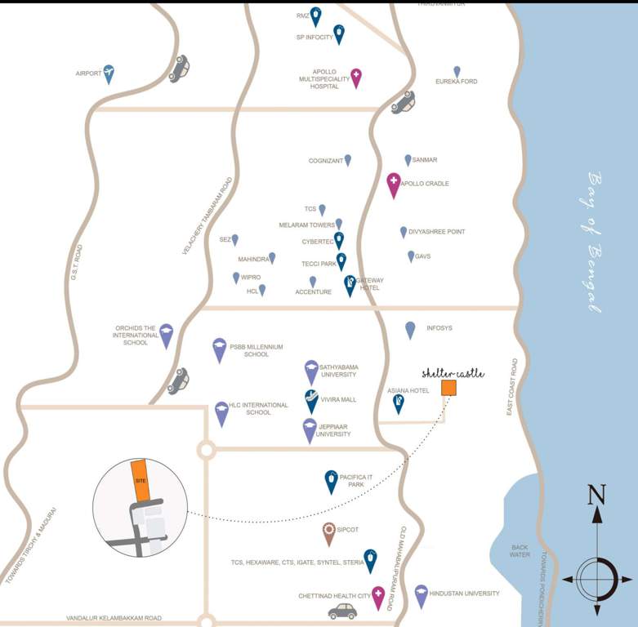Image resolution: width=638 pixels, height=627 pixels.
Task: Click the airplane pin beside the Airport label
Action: click(x=109, y=73)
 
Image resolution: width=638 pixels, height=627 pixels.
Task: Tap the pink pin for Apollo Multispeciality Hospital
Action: click(x=356, y=77)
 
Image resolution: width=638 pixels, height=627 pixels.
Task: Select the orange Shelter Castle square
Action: click(x=448, y=388)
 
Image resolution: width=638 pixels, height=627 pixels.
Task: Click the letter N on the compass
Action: click(x=597, y=495)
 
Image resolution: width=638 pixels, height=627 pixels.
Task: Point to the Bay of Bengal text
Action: click(x=595, y=242)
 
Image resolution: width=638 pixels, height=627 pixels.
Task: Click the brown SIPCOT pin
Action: click(x=328, y=532)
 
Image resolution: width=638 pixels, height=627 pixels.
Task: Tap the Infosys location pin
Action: click(x=410, y=329)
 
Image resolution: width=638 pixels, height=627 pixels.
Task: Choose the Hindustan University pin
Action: click(x=422, y=595)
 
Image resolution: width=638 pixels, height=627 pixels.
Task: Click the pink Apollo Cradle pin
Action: click(x=394, y=185)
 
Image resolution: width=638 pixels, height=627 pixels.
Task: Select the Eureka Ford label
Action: click(x=456, y=82)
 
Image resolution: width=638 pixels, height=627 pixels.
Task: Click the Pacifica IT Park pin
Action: click(x=331, y=481)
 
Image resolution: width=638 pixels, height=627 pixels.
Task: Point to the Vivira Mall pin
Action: click(x=311, y=400)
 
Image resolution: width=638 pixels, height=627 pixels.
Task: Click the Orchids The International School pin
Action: click(x=167, y=335)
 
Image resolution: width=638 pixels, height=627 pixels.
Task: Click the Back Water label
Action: click(x=520, y=551)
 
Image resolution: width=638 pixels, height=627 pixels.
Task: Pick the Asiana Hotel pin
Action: click(x=399, y=402)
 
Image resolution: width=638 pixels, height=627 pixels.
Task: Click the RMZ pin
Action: click(x=315, y=16)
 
